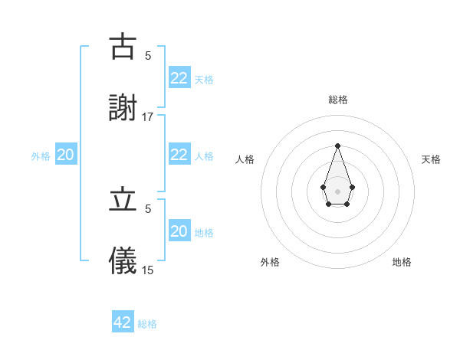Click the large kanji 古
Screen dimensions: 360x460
click(123, 47)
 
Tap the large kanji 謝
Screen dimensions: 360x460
click(123, 109)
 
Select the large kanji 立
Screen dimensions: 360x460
click(123, 200)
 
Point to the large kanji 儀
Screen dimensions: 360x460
click(123, 261)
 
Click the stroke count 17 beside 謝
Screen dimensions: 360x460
click(148, 117)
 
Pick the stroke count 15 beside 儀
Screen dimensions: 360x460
click(148, 270)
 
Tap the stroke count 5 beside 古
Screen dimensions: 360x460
click(148, 55)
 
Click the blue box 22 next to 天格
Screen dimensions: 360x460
click(179, 78)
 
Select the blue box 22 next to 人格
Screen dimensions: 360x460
click(179, 155)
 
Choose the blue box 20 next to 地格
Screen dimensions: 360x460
click(179, 231)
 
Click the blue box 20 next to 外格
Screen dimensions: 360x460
click(66, 155)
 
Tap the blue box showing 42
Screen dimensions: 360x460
click(123, 322)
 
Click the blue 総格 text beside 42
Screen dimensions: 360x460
click(147, 324)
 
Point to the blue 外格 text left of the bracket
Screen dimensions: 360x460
click(41, 156)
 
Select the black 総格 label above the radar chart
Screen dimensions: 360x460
click(337, 100)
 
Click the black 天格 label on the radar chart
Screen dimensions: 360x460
click(432, 159)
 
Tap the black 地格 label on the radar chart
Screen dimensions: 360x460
click(402, 262)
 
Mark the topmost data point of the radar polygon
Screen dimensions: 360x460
click(337, 146)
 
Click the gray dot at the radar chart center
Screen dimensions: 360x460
click(337, 190)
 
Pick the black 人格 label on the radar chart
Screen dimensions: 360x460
click(245, 159)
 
